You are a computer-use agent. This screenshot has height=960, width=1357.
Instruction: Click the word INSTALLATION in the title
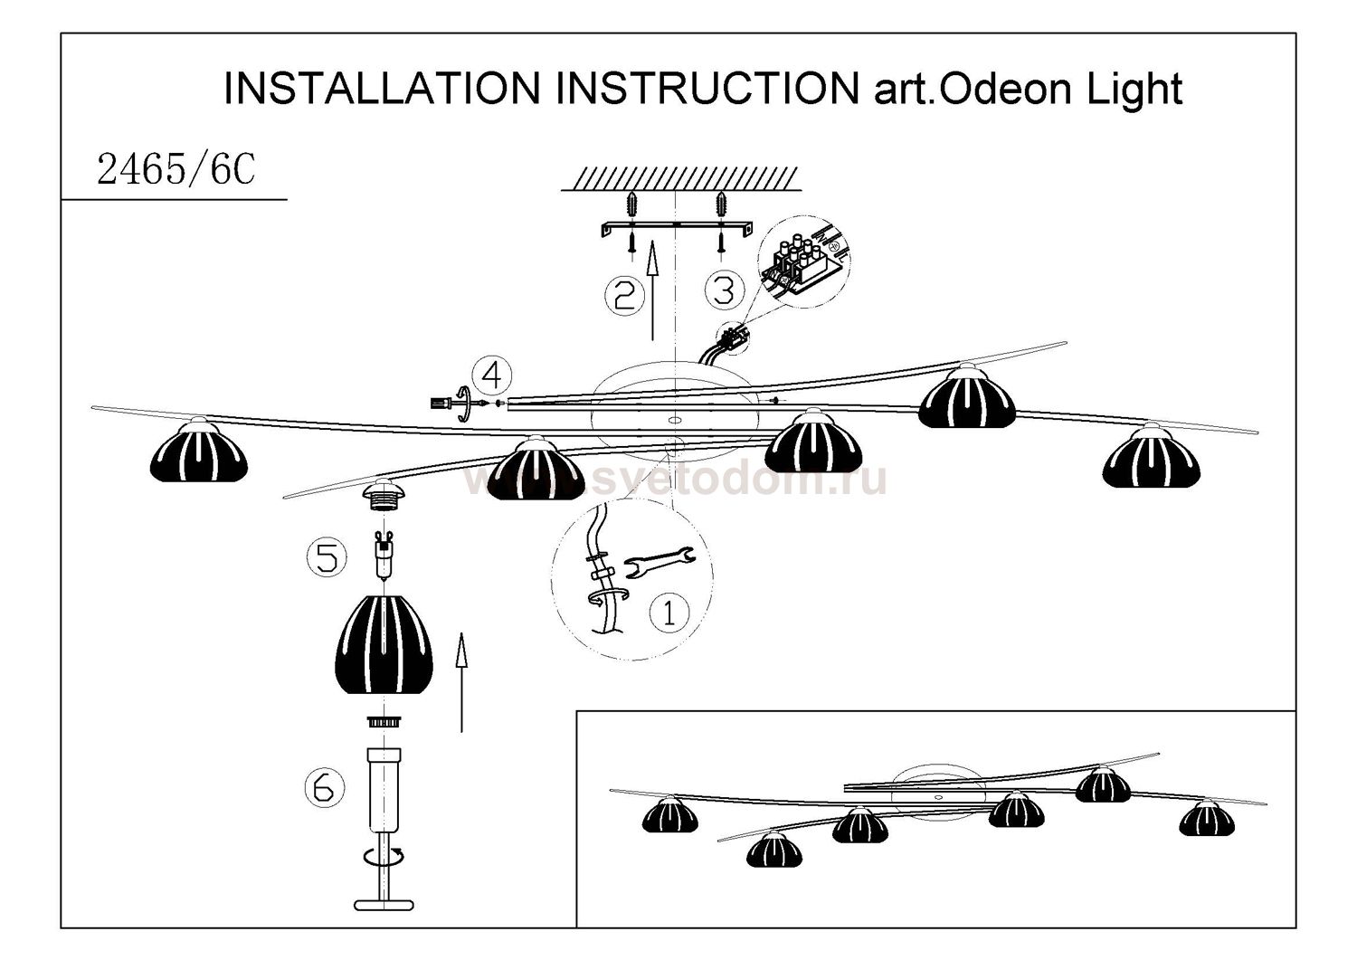point(381,89)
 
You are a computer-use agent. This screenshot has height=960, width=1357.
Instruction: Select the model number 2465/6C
point(176,168)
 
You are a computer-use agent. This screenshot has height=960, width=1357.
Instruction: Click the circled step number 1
point(669,613)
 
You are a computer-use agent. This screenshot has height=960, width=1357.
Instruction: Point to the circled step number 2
point(624,295)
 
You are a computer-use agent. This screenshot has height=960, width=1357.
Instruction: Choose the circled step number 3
point(724,290)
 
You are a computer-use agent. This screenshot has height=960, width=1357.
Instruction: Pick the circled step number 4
point(491,374)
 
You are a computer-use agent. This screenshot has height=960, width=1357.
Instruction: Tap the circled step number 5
point(327,556)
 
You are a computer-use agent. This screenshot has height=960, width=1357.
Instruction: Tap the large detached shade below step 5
point(384,644)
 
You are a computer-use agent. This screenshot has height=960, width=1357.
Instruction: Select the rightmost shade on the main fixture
point(1151,459)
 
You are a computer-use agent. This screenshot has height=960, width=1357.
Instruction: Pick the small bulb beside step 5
point(384,556)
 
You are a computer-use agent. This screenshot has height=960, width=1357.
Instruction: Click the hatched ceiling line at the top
point(680,178)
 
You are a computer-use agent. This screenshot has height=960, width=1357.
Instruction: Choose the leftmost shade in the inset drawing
point(670,814)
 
